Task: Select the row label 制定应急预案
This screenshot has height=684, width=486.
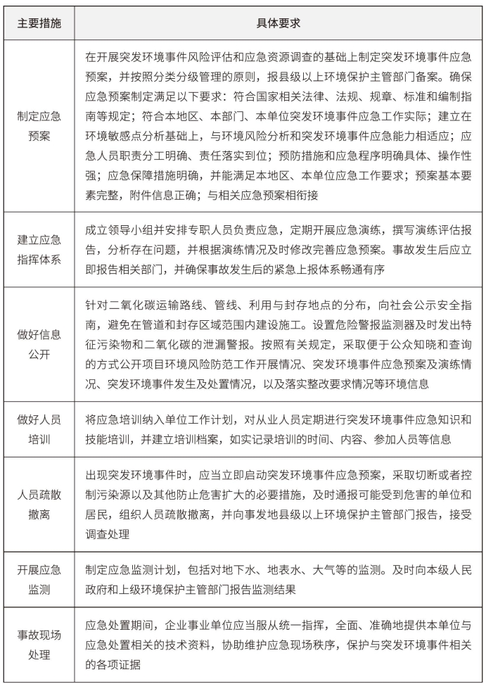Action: pyautogui.click(x=39, y=125)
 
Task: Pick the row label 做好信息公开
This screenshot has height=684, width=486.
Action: pyautogui.click(x=39, y=343)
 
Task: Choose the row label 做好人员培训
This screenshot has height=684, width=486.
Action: pyautogui.click(x=39, y=429)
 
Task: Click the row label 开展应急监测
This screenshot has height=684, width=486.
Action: pyautogui.click(x=39, y=579)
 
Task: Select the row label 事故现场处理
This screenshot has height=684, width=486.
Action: pyautogui.click(x=39, y=644)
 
